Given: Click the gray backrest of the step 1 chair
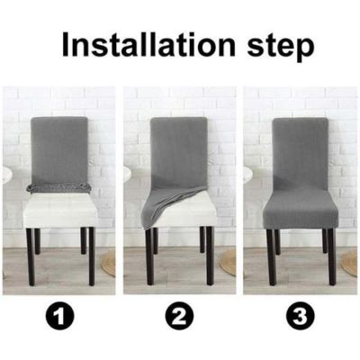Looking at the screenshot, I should point(60,148).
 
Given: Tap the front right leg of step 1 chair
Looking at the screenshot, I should point(91,256).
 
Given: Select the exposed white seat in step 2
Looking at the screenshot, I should point(193,211).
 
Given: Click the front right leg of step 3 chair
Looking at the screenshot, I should point(331,256).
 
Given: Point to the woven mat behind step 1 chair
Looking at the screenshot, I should point(109,262).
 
